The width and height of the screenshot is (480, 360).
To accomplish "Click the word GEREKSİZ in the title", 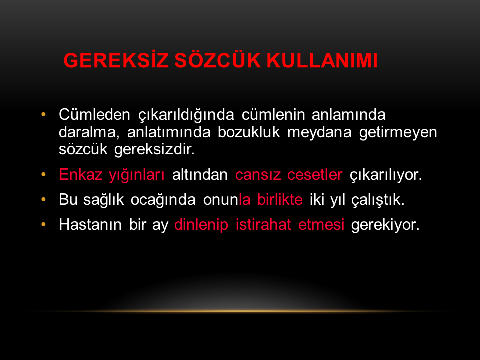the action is click(116, 60).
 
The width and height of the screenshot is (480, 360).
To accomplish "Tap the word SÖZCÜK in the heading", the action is click(217, 60).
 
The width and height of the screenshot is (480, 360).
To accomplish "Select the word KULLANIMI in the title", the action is click(322, 60).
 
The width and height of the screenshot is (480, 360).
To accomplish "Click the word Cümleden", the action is click(94, 115).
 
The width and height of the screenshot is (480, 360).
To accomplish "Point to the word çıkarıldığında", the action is click(186, 115).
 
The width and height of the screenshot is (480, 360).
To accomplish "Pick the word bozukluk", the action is click(249, 132).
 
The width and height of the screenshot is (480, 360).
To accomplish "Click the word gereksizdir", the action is click(154, 150).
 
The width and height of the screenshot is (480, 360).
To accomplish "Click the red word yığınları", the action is click(137, 175).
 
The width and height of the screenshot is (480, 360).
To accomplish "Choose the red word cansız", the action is click(258, 175).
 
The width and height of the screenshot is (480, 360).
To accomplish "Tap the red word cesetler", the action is click(315, 175).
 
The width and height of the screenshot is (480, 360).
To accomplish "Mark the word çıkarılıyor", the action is click(386, 175).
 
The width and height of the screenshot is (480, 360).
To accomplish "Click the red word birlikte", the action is click(280, 200).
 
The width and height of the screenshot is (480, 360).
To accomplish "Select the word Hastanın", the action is click(90, 224).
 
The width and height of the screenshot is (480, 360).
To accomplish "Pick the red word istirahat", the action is click(263, 224).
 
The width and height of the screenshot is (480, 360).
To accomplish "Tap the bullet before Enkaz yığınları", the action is click(44, 174).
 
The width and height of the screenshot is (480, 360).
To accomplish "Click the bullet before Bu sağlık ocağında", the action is click(44, 199).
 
